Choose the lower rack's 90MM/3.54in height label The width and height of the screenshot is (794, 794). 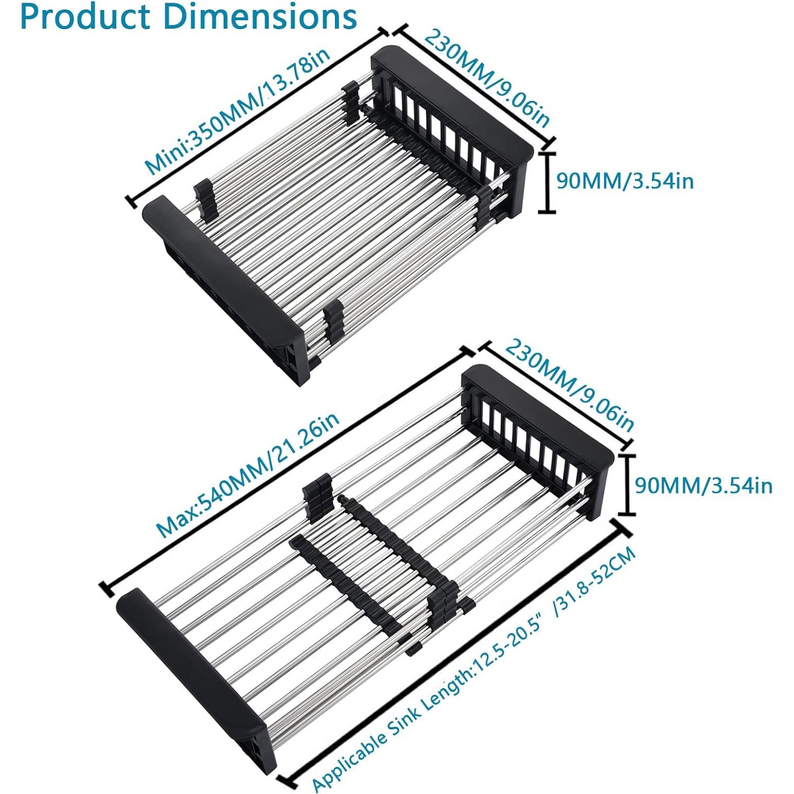pyautogui.click(x=703, y=486)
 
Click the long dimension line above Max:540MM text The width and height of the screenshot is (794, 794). pyautogui.click(x=286, y=466)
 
